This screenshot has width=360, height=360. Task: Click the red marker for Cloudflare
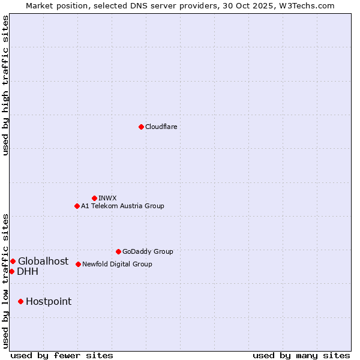[x=141, y=127]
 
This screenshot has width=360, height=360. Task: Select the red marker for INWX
[x=94, y=198]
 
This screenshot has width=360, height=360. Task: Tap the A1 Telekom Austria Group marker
[x=77, y=206]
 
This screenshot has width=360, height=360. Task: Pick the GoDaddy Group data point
[x=118, y=251]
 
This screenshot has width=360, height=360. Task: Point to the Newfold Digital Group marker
[x=78, y=264]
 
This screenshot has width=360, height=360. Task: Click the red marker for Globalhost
[x=13, y=261]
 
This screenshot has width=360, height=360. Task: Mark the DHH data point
[x=11, y=271]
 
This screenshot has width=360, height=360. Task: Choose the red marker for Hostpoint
[x=20, y=301]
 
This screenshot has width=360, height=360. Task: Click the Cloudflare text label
[x=161, y=127]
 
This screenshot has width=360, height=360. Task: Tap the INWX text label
[x=107, y=198]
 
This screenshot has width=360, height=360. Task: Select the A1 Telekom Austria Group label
[x=122, y=206]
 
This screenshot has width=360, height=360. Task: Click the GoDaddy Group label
[x=148, y=251]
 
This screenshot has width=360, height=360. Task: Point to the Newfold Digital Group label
[x=117, y=264]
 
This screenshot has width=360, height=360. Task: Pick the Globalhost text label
[x=43, y=261]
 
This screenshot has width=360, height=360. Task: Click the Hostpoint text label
[x=49, y=301]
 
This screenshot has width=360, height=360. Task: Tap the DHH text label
[x=28, y=271]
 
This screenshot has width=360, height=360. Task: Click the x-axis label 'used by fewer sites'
[x=62, y=355]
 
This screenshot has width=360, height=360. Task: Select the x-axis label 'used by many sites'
[x=301, y=355]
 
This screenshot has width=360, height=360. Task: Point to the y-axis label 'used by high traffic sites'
[x=5, y=85]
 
